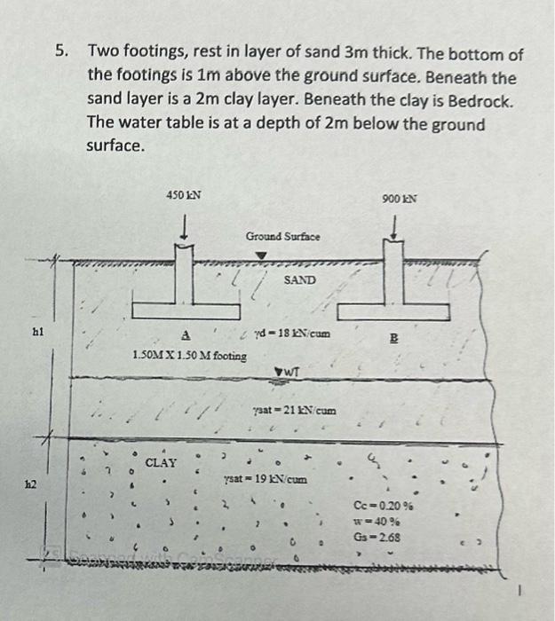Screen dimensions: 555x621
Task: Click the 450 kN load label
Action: click(x=184, y=193)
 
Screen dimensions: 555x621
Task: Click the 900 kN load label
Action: click(x=401, y=198)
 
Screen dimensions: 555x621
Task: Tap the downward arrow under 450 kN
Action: click(x=184, y=227)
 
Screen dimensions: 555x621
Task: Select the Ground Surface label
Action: click(x=283, y=237)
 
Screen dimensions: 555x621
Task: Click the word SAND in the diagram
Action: click(x=300, y=279)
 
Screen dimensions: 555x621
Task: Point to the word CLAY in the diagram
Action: click(x=161, y=462)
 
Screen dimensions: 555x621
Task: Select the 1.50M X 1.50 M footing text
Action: click(x=190, y=355)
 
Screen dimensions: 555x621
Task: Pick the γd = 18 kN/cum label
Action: click(x=292, y=334)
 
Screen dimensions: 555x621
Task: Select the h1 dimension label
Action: click(x=36, y=332)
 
